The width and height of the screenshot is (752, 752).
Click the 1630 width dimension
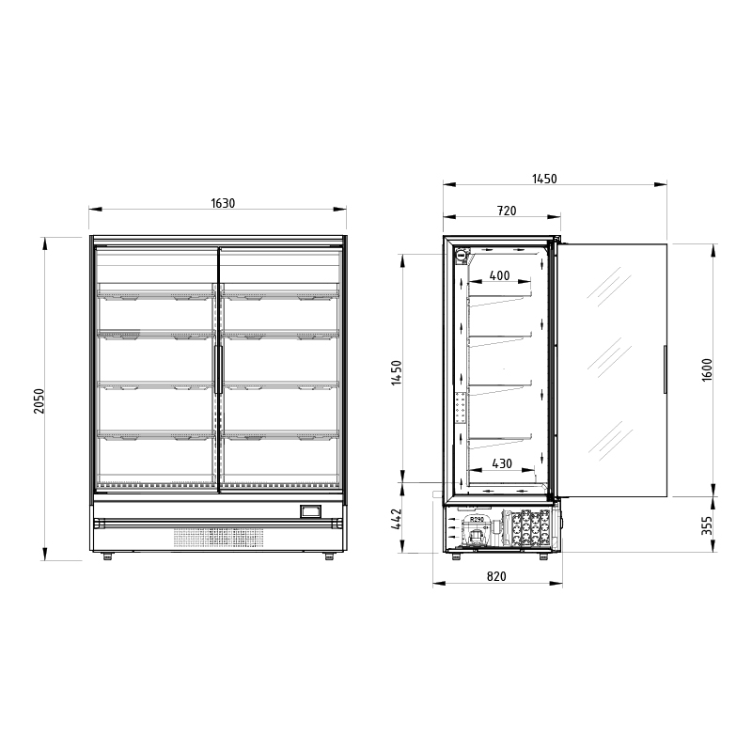point(223,203)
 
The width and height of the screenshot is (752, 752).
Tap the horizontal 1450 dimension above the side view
point(545,179)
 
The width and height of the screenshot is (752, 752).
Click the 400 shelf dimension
point(500,275)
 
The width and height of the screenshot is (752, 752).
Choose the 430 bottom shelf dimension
point(502,463)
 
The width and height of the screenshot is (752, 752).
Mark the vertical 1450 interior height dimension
point(397,373)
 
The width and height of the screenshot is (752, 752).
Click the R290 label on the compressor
point(477,519)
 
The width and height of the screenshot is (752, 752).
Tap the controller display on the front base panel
point(309,511)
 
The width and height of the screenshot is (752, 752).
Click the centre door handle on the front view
point(218,368)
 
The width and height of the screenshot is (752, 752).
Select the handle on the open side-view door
point(665,368)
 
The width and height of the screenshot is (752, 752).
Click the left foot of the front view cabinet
point(107,556)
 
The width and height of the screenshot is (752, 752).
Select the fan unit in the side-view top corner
point(462,254)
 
